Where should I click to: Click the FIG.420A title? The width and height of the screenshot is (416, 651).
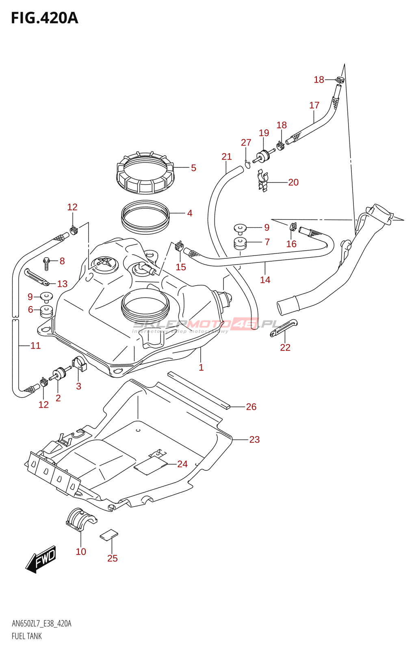[x=45, y=18]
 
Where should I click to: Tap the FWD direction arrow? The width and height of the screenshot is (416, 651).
[x=41, y=559]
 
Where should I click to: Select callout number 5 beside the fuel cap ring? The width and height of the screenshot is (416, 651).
[x=193, y=168]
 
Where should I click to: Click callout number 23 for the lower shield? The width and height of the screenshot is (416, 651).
[x=254, y=439]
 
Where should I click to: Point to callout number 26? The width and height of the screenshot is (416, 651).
[x=251, y=406]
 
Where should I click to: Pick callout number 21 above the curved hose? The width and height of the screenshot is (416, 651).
[x=227, y=157]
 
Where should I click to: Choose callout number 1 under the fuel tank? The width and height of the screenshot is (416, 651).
[x=201, y=367]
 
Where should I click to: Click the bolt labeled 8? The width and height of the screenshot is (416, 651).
[x=47, y=262]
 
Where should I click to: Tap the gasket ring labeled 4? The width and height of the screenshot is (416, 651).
[x=145, y=217]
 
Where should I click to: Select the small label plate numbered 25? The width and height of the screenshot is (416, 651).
[x=109, y=535]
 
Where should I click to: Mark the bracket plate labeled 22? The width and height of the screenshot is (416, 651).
[x=284, y=328]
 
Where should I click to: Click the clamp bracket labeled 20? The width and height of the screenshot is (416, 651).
[x=263, y=181]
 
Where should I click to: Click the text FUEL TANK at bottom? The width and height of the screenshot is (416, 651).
[x=27, y=636]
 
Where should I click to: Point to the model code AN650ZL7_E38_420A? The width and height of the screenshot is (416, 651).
[x=41, y=624]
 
